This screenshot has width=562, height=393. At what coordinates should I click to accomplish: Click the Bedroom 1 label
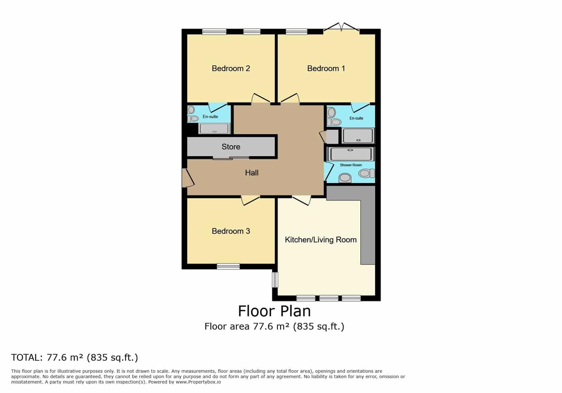[326, 68]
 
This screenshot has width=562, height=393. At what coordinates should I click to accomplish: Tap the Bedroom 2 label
[231, 68]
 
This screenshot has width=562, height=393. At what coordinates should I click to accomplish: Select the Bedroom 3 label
[231, 231]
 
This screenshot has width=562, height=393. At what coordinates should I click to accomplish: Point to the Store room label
[231, 147]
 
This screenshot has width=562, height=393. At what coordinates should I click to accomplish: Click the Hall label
[252, 172]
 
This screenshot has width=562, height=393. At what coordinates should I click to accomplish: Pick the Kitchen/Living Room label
[321, 239]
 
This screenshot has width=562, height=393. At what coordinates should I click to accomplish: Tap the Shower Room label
[351, 165]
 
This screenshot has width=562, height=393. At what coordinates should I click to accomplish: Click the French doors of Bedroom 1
[341, 27]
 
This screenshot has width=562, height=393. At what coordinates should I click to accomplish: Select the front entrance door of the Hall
[188, 178]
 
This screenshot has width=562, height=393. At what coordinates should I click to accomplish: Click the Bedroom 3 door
[250, 201]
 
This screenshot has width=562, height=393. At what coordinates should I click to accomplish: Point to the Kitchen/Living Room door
[302, 201]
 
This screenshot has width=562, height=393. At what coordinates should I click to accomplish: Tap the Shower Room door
[329, 171]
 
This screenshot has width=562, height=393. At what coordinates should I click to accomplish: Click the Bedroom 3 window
[228, 266]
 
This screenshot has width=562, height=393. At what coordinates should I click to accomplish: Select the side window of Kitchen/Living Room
[275, 279]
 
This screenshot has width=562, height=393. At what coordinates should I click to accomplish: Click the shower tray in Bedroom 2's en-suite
[214, 128]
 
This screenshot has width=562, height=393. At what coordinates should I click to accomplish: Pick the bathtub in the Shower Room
[351, 154]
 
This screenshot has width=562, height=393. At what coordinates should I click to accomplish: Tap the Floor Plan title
[274, 311]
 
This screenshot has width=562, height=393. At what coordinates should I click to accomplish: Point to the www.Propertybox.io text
[198, 382]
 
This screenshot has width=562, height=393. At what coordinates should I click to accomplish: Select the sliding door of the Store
[231, 158]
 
